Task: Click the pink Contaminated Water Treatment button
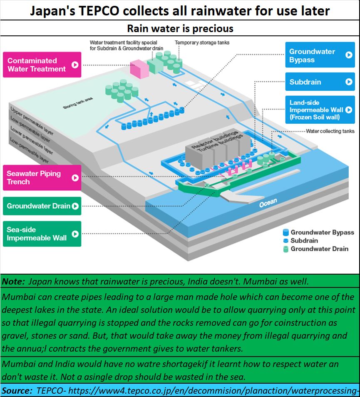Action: pos(42,65)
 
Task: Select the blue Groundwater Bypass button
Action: pos(320,55)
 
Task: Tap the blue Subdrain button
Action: pos(320,82)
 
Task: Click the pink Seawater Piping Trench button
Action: pos(42,177)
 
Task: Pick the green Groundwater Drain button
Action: pos(42,206)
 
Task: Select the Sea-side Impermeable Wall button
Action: pos(42,234)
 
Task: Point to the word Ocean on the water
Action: pos(268,203)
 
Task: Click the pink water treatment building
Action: pos(139,69)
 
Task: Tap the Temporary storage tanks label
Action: pos(202,42)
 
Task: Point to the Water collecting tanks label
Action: pos(330,131)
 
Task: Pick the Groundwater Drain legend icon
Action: pos(286,249)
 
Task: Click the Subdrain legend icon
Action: pos(286,241)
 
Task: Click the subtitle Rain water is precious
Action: pos(180,29)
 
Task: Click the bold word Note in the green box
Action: pos(13,281)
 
